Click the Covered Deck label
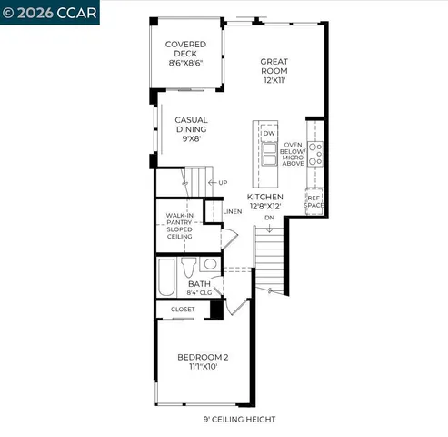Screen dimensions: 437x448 tap(185, 54)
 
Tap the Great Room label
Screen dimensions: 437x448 tap(274, 70)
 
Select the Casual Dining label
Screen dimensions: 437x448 tap(192, 130)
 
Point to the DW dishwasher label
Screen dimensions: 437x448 tap(269, 133)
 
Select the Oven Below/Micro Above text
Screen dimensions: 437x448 tap(293, 154)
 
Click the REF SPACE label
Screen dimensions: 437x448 tap(314, 201)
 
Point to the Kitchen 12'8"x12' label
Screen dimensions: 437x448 tap(265, 201)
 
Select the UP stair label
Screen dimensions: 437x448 tap(223, 183)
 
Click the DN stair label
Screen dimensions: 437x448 tap(269, 218)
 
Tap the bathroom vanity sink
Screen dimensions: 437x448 tap(210, 264)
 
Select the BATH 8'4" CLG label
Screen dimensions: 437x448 tap(199, 289)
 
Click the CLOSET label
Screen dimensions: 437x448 tap(183, 309)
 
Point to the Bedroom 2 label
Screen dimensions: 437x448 tap(203, 361)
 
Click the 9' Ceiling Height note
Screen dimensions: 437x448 tap(239, 419)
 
